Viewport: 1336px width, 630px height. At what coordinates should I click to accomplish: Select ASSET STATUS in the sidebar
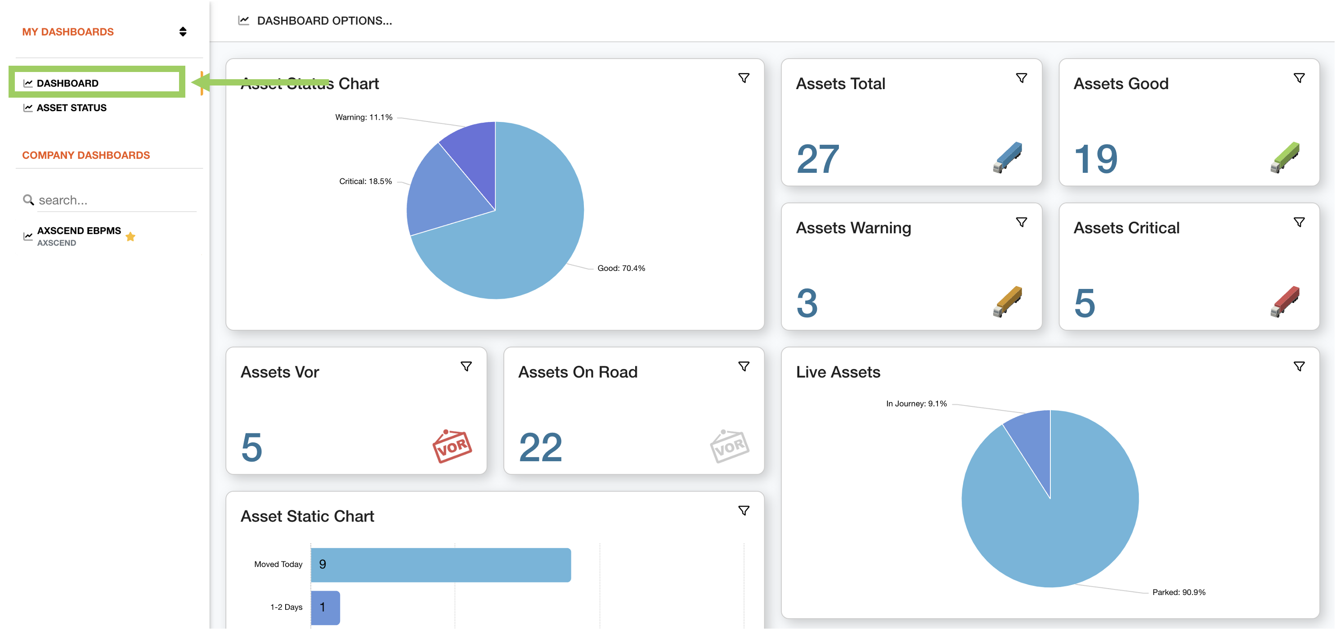(x=71, y=108)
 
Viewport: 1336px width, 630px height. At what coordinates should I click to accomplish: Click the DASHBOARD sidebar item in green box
(x=67, y=83)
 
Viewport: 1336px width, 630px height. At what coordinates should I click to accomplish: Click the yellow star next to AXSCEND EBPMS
(x=130, y=237)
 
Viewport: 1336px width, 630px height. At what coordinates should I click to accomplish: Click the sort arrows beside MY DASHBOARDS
(x=183, y=31)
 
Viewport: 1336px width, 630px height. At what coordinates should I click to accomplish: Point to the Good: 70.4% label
(x=621, y=268)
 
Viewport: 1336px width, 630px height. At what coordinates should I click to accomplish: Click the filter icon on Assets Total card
(x=1021, y=78)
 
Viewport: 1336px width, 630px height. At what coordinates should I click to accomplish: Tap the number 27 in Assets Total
(x=817, y=159)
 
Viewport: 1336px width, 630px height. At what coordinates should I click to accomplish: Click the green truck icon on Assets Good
(x=1285, y=157)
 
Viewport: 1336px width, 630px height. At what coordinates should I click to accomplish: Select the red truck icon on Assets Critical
(x=1285, y=301)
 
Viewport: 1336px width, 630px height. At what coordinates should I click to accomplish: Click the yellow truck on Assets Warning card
(x=1007, y=301)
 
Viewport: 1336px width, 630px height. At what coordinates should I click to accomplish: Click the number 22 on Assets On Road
(x=540, y=447)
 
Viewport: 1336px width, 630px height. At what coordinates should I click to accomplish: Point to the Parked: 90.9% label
(x=1179, y=592)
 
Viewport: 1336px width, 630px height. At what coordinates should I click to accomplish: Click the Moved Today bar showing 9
(x=440, y=565)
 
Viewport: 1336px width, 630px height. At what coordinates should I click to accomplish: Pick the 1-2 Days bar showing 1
(x=325, y=607)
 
